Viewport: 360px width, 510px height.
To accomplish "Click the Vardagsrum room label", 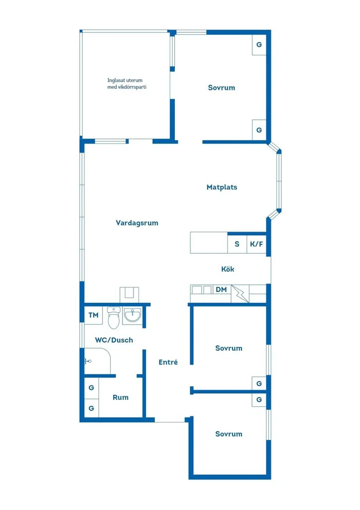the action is point(137,223).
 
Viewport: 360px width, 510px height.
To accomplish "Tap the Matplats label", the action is point(222,187).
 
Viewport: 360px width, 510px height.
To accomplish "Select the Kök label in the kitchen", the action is point(228,269).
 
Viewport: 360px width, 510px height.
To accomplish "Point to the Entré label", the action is point(168,362).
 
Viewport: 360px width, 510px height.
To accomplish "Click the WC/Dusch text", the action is point(114,340).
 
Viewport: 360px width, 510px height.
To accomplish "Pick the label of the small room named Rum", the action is point(120,397).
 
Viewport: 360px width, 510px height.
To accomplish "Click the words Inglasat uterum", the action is point(125,80).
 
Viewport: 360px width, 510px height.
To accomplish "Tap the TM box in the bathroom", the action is point(93,315).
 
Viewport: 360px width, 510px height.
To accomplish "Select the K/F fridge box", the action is point(256,244).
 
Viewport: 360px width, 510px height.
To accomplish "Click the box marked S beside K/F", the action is point(237,244).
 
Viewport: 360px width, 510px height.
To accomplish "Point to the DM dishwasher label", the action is point(221,289).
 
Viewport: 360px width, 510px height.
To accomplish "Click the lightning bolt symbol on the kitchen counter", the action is point(240,294).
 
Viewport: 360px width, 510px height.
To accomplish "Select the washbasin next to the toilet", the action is point(132,315).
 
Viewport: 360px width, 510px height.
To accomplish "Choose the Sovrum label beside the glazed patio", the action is point(222,88).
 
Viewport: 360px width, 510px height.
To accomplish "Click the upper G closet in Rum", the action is point(92,387).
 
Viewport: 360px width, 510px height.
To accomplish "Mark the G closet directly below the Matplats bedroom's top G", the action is point(259,130).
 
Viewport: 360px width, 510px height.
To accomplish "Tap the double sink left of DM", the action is point(202,289).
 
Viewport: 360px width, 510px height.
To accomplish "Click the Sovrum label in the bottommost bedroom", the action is point(229,434).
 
